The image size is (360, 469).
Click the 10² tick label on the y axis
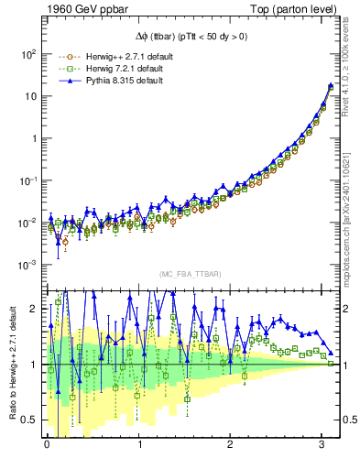tap(27, 54)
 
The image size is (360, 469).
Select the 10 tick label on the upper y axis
tap(29, 96)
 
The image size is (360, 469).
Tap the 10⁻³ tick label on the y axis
tap(27, 265)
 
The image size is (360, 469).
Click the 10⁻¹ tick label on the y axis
tap(27, 180)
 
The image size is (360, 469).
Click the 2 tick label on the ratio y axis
tap(33, 309)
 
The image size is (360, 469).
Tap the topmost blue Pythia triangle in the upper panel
tap(331, 85)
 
